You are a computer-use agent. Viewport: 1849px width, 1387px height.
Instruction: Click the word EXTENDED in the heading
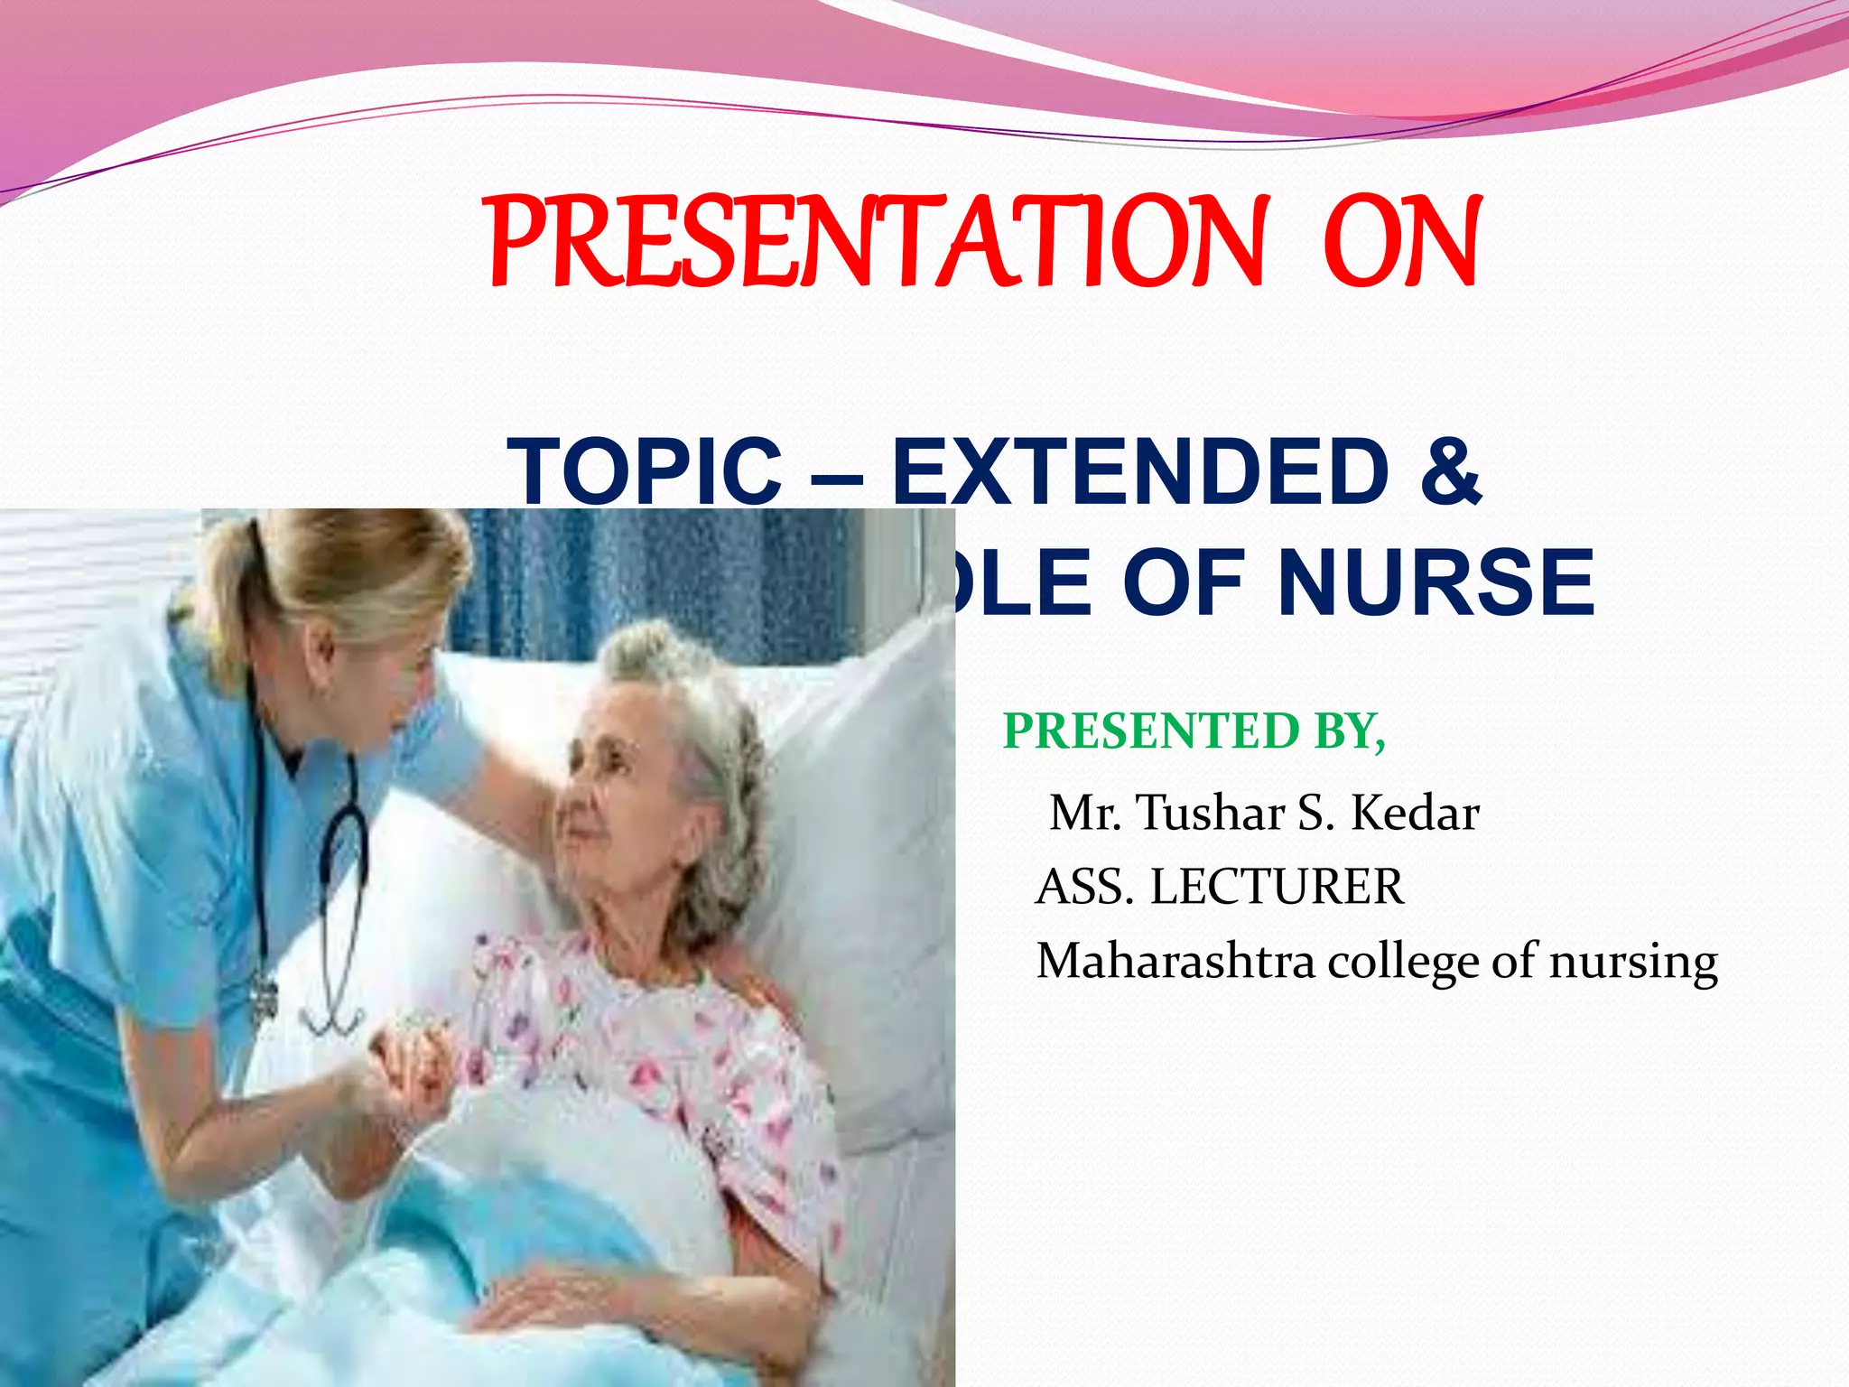point(1140,471)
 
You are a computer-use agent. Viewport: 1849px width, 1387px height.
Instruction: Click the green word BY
point(1349,731)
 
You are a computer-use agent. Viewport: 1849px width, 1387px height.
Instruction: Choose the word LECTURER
point(1277,887)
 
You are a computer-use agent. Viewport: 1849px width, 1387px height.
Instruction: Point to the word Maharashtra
point(1175,961)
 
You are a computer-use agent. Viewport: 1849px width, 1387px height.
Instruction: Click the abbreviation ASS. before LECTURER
point(1084,887)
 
